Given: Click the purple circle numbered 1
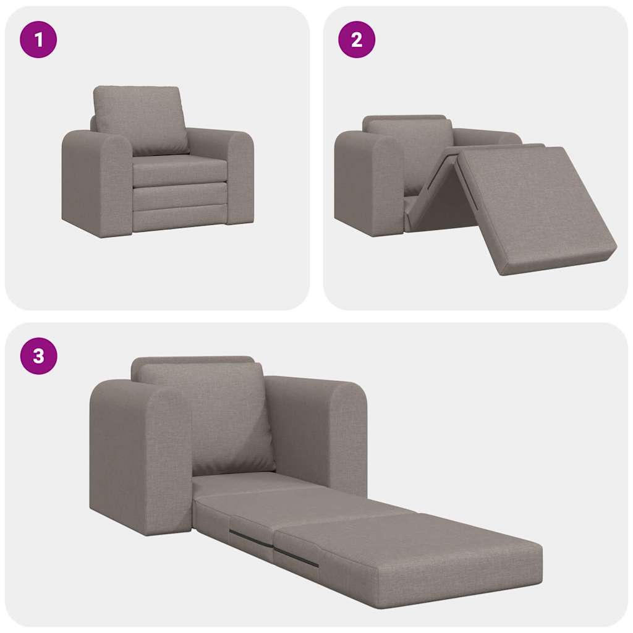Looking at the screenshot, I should point(38,40).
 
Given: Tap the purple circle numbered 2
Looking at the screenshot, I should point(357,40).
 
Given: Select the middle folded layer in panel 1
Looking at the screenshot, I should point(179,197).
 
